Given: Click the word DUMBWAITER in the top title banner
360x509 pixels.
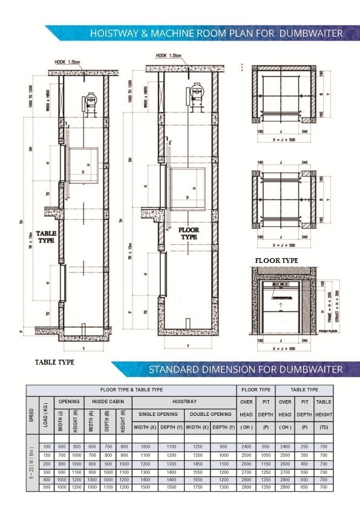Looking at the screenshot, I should tap(311, 34).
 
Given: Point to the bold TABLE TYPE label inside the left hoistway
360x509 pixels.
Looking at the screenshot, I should tap(45, 236).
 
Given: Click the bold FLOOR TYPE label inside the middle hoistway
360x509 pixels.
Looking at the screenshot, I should tap(189, 233).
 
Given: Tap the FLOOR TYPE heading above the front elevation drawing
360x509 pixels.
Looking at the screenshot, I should tap(277, 261).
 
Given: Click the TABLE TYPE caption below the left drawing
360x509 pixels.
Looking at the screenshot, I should tap(54, 361).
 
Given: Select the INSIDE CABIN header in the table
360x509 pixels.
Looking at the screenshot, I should tap(108, 401).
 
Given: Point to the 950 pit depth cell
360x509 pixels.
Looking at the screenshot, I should tap(265, 446).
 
